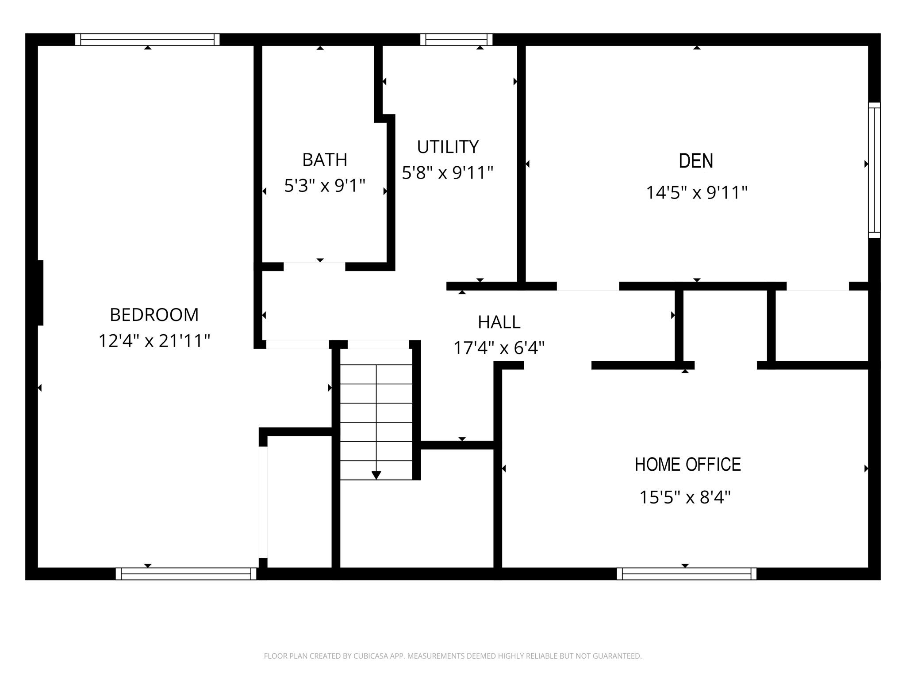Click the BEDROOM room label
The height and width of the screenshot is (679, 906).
pyautogui.click(x=154, y=315)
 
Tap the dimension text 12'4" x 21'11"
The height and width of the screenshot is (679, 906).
pyautogui.click(x=154, y=341)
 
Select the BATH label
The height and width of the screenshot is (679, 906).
pyautogui.click(x=325, y=160)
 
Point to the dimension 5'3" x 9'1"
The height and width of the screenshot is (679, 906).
pyautogui.click(x=325, y=186)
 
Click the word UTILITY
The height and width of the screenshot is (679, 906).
pyautogui.click(x=448, y=147)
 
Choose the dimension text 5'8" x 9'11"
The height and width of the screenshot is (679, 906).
pyautogui.click(x=447, y=172)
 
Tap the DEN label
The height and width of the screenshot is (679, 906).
pyautogui.click(x=696, y=161)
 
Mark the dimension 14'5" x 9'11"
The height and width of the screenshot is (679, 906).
pyautogui.click(x=696, y=193)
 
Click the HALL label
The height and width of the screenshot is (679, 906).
pyautogui.click(x=499, y=322)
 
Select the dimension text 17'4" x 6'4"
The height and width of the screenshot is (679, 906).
pyautogui.click(x=499, y=348)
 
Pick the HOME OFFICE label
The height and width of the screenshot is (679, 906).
pyautogui.click(x=687, y=465)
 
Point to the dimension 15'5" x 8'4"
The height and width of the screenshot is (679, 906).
pyautogui.click(x=685, y=497)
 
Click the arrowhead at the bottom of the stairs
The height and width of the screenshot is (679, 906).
pyautogui.click(x=376, y=475)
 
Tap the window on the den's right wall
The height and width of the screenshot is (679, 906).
pyautogui.click(x=874, y=170)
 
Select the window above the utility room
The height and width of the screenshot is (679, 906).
pyautogui.click(x=456, y=40)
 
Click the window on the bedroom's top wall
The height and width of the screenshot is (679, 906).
pyautogui.click(x=147, y=40)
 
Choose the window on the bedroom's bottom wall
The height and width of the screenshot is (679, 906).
pyautogui.click(x=186, y=574)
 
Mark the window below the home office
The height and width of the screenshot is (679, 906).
pyautogui.click(x=686, y=574)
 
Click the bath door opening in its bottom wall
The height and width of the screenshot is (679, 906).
pyautogui.click(x=314, y=267)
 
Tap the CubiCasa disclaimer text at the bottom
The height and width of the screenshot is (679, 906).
pyautogui.click(x=453, y=656)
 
